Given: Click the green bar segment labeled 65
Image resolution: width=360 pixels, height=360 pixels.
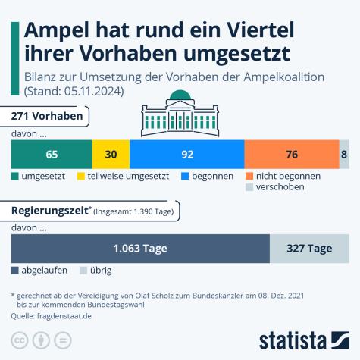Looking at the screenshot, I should tap(52, 154).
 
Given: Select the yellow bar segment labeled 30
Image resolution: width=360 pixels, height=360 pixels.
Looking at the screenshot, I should tap(111, 154).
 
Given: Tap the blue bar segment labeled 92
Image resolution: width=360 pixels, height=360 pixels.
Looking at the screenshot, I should tap(186, 154).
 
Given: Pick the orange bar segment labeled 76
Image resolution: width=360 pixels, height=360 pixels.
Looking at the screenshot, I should tap(291, 154).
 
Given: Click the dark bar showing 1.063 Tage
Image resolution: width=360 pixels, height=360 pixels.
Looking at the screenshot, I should tap(139, 248).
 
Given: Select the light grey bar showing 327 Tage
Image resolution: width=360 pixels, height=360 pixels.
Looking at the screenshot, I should tap(309, 248).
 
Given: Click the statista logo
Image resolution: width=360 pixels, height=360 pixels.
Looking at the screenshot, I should tap(303, 338).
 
